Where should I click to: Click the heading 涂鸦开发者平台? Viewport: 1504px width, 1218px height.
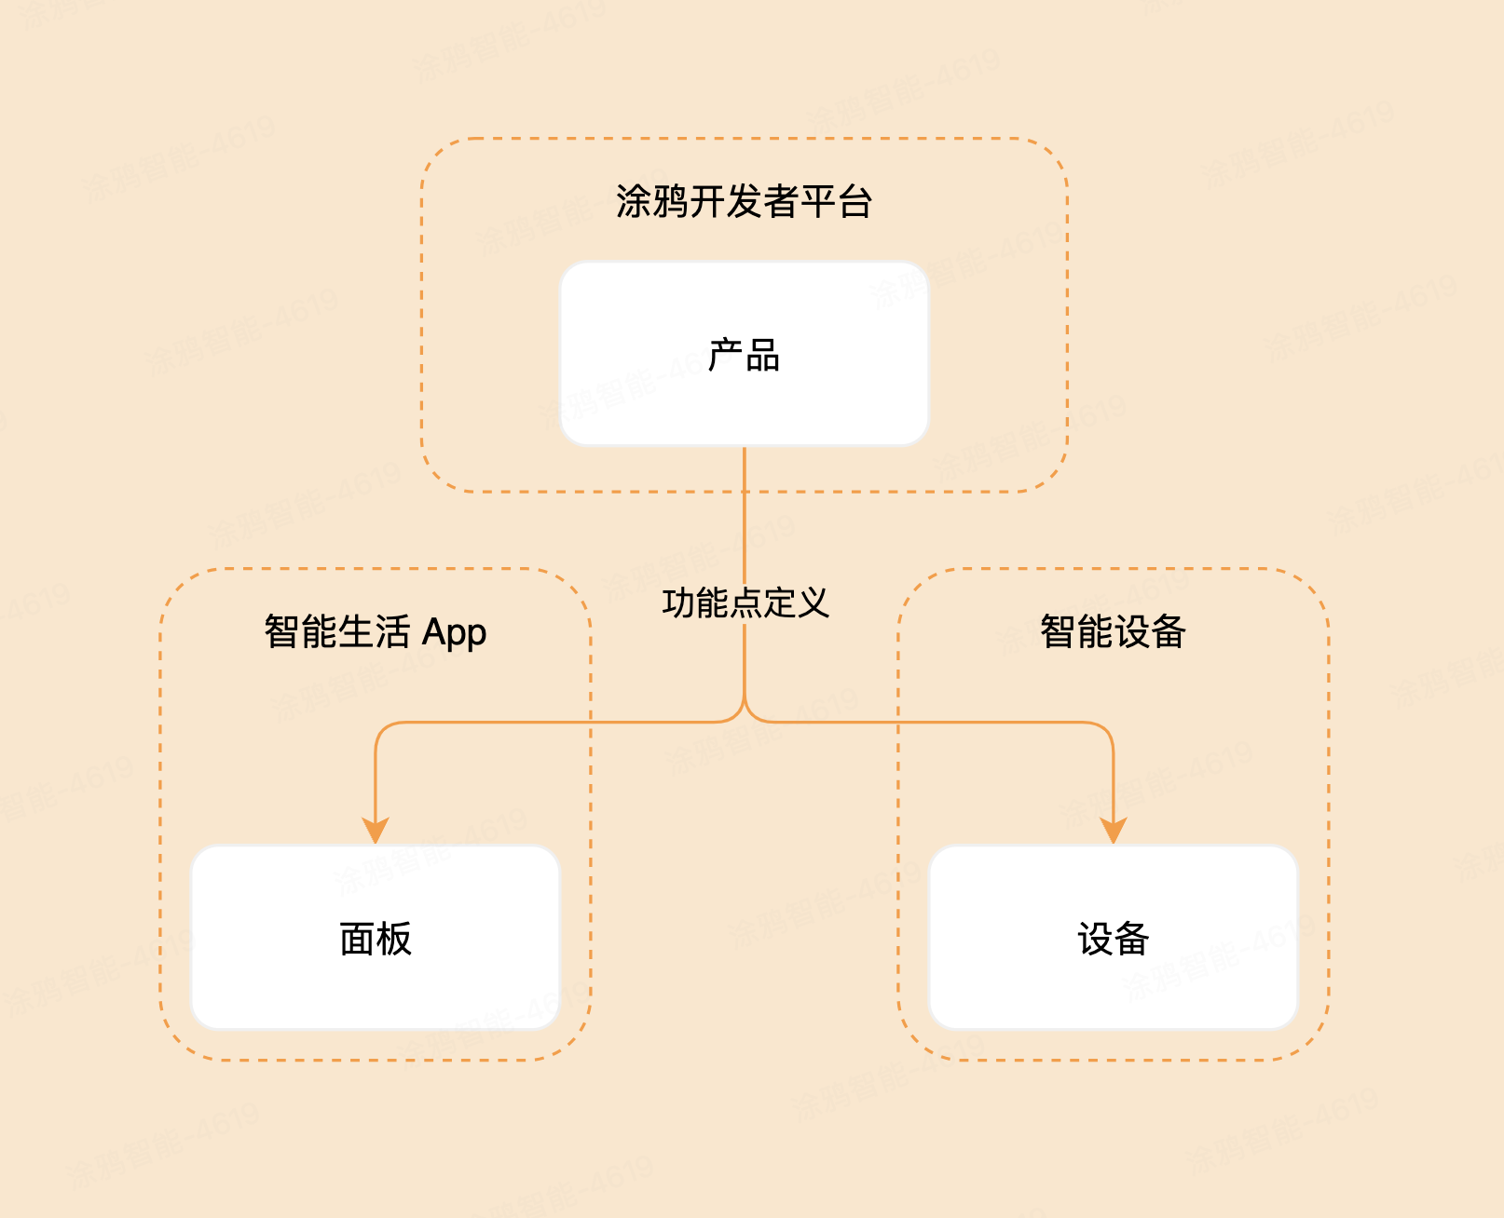[x=744, y=201]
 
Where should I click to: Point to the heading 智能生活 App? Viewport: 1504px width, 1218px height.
[x=375, y=631]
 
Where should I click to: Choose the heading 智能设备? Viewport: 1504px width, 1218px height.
[x=1113, y=631]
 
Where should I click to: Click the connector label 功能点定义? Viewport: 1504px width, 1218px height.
[x=745, y=603]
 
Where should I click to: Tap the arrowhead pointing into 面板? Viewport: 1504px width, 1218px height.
[x=376, y=829]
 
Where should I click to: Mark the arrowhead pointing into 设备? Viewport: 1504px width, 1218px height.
[x=1114, y=829]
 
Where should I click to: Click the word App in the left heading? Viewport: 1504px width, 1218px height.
[x=454, y=633]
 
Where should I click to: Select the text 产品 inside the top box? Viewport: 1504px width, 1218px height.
[x=744, y=355]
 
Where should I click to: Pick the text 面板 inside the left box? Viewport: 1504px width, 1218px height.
[x=375, y=939]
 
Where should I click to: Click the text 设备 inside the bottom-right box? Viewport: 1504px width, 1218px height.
[x=1113, y=939]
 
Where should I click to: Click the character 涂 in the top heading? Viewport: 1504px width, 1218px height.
[x=634, y=201]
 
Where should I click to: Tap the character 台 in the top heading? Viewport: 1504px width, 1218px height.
[x=855, y=201]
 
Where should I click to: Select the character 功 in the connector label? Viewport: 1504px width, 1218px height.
[x=678, y=603]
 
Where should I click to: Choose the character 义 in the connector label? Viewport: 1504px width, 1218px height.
[x=812, y=603]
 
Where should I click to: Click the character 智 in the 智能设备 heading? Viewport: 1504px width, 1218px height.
[x=1058, y=631]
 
